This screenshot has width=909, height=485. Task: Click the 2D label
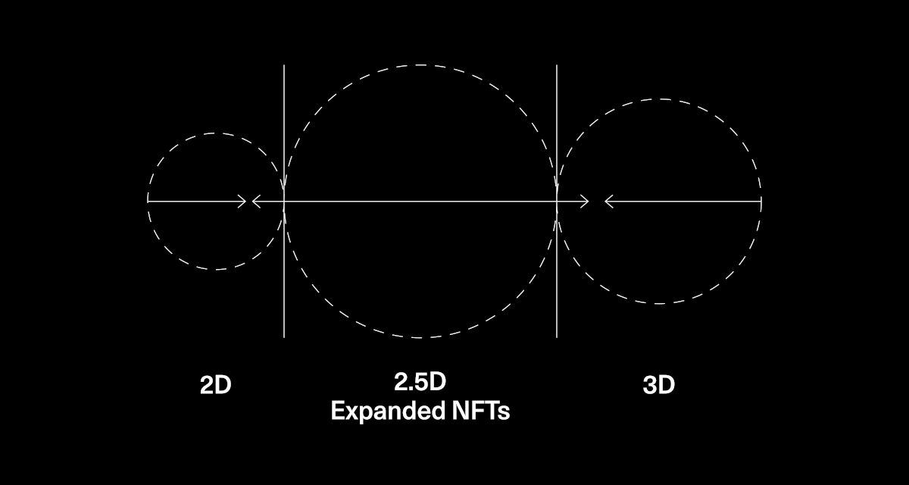[215, 385]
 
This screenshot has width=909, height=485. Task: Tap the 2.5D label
[420, 381]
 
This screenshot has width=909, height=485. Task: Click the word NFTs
[481, 410]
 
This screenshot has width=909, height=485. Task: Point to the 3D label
[658, 385]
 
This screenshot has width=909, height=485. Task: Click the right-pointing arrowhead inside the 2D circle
[242, 202]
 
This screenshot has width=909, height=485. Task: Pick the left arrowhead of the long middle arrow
[256, 202]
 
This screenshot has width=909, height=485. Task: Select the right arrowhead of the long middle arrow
[585, 202]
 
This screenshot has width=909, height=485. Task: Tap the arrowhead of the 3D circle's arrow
[609, 202]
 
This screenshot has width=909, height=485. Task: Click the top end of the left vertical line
[284, 65]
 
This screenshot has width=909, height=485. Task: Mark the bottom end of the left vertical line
[284, 337]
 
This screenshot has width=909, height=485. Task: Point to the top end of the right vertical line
[557, 65]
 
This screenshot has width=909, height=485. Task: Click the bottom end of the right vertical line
[557, 337]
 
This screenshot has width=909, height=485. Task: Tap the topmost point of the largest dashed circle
[420, 65]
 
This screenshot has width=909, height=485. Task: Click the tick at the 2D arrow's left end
[148, 199]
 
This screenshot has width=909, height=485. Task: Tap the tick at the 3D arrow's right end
[761, 202]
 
